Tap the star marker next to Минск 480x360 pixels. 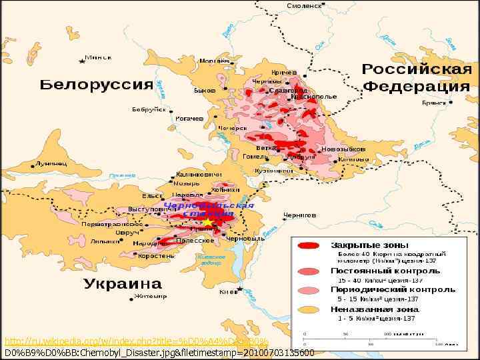click(82, 61)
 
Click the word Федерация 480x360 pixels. click(417, 87)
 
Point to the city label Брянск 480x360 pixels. click(434, 103)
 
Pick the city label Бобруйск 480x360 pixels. click(149, 109)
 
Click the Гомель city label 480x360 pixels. click(255, 157)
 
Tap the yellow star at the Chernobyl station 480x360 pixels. click(207, 221)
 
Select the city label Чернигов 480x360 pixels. click(299, 215)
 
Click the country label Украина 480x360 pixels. click(123, 284)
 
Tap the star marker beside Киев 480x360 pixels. click(243, 291)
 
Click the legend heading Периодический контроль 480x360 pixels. click(393, 290)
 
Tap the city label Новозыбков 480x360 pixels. click(343, 149)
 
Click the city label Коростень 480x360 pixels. click(157, 255)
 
